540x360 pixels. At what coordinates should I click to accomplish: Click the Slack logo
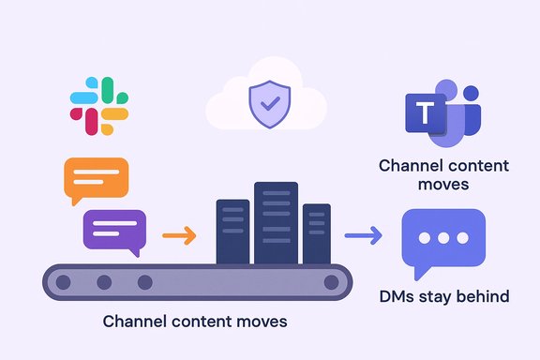(x=98, y=105)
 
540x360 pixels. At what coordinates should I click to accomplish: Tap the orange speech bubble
(x=95, y=179)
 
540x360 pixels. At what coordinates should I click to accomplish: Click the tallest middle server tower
(x=276, y=222)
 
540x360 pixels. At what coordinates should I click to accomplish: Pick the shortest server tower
(x=317, y=232)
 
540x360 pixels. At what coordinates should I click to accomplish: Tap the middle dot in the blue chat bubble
(x=442, y=237)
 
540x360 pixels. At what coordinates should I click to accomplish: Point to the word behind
(x=483, y=297)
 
